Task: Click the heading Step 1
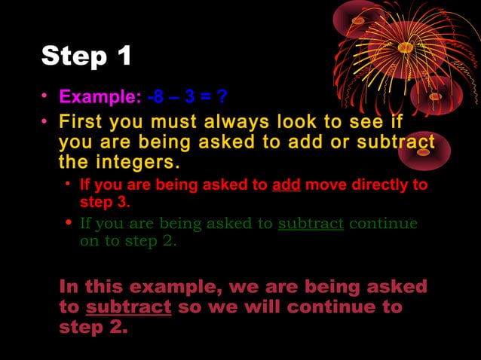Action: (87, 56)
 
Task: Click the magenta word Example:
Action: (100, 97)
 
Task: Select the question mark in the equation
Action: (222, 97)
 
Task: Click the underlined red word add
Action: (286, 185)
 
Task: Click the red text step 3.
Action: (106, 203)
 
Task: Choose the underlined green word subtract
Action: (311, 224)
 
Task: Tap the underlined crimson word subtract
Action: (129, 308)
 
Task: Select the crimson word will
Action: (256, 308)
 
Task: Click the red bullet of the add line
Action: (69, 185)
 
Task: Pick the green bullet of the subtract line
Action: (69, 224)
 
